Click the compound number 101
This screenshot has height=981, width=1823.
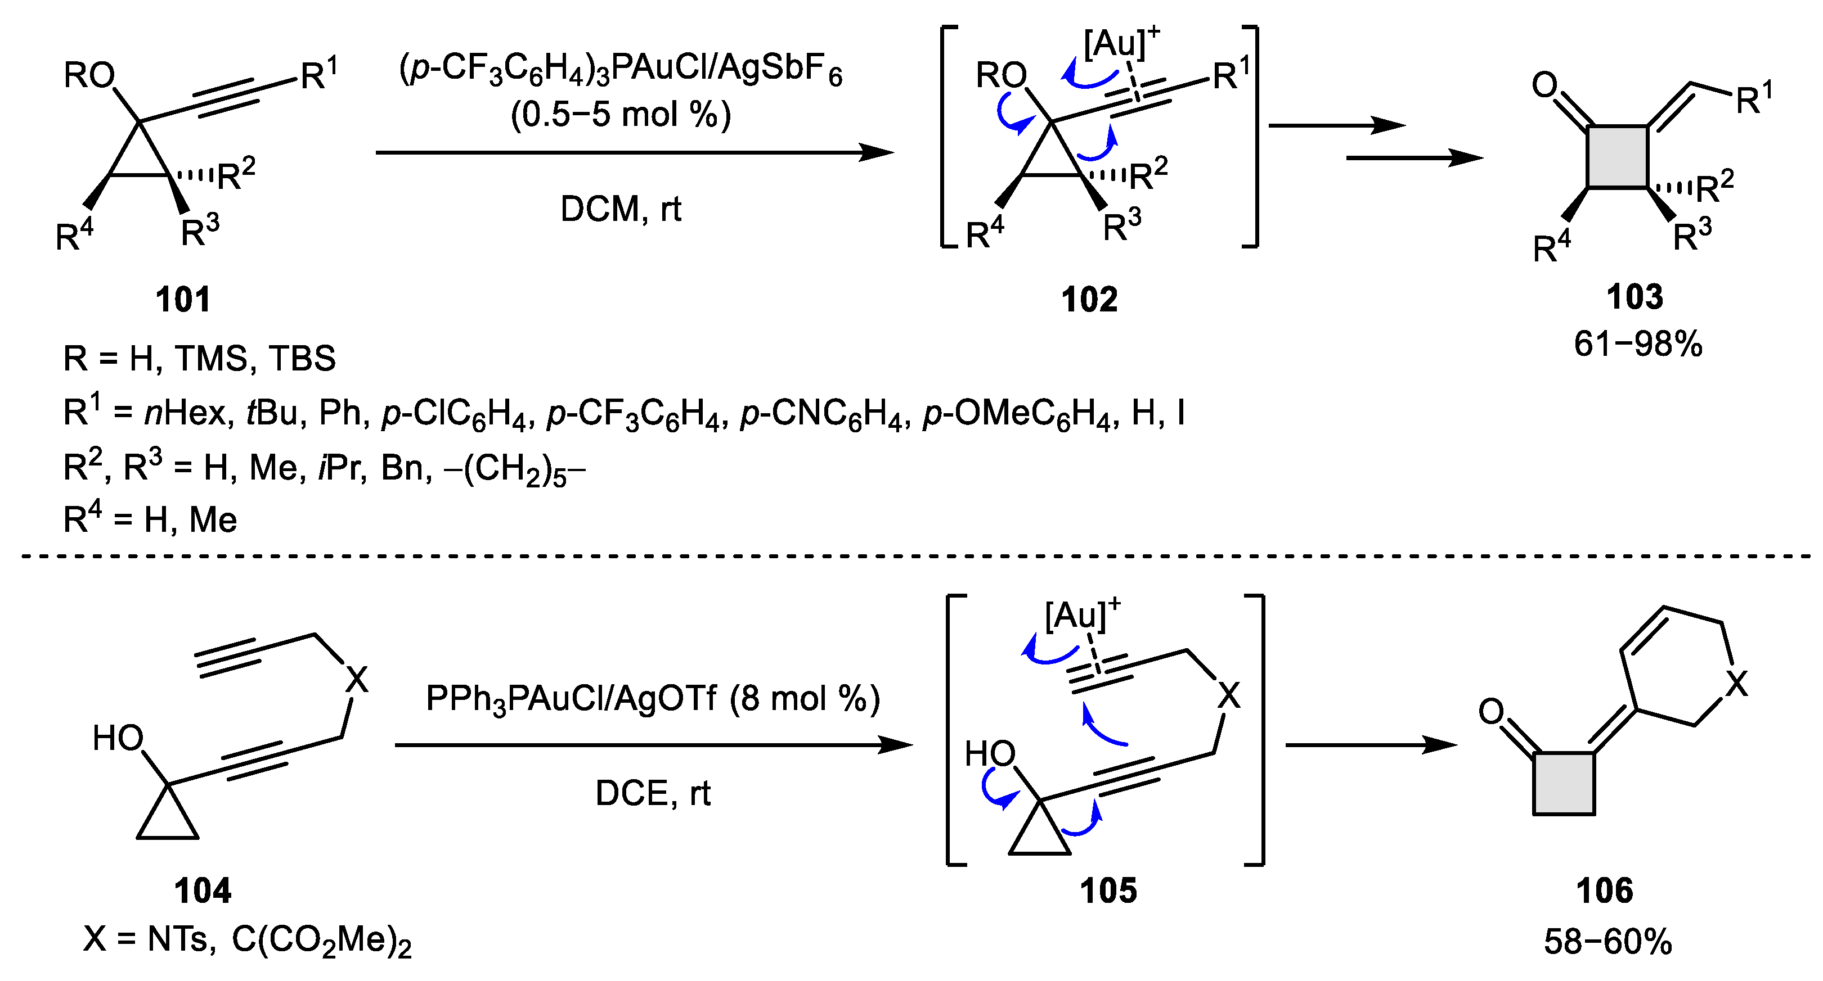183,299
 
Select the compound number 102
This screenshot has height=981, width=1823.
1089,299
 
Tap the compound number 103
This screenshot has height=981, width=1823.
1634,297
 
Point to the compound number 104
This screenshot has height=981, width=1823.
203,890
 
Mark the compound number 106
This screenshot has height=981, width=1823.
1604,890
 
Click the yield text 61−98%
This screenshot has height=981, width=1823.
1637,345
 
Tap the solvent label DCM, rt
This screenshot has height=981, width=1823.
620,209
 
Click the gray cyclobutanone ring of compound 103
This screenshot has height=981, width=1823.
1617,157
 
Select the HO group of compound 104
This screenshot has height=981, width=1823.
118,739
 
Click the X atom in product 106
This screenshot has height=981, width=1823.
1736,684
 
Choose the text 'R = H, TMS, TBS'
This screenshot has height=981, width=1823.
200,359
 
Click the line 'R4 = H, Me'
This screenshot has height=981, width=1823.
150,520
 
